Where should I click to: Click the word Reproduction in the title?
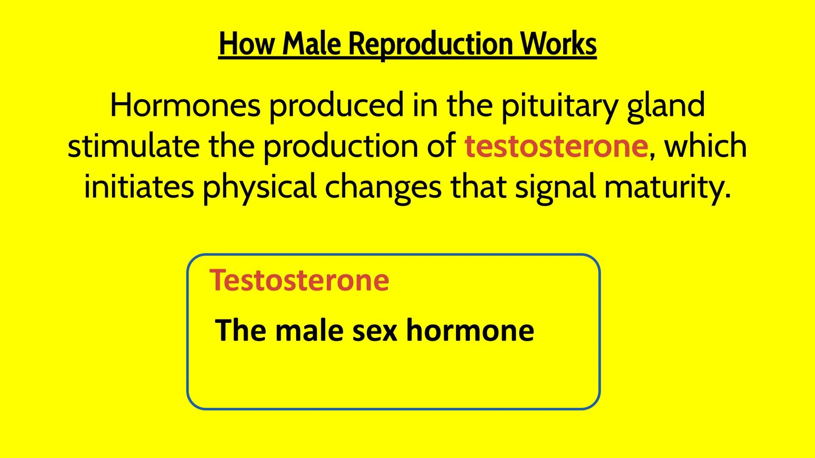430,44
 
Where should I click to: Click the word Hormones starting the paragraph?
185,106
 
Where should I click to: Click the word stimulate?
133,146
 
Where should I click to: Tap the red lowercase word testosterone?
556,146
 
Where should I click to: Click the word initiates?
139,187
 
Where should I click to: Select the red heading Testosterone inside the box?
299,280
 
